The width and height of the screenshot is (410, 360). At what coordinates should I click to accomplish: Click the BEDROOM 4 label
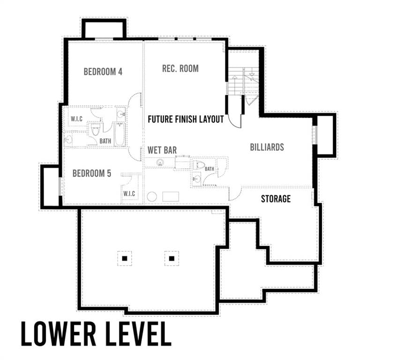103,72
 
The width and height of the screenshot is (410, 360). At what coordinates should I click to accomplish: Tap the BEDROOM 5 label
92,173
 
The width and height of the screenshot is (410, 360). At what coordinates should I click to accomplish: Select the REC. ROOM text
180,68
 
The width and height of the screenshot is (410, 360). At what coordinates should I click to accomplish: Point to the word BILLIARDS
267,147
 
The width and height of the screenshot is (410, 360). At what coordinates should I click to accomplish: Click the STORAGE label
276,199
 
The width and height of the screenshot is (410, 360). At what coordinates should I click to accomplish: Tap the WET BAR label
162,150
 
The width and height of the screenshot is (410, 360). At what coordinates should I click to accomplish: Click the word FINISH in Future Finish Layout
186,120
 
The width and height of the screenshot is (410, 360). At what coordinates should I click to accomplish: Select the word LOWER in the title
59,334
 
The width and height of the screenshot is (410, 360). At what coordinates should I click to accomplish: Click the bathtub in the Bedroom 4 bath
120,134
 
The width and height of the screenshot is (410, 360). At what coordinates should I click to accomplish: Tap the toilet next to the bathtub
95,129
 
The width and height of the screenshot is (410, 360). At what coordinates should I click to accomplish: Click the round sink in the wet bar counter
160,163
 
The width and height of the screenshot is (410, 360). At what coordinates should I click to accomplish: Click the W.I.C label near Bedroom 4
77,119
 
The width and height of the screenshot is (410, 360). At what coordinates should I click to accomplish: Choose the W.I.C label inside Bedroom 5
129,194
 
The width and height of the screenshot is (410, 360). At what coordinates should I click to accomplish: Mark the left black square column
125,258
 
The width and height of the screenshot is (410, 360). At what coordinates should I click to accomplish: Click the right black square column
171,258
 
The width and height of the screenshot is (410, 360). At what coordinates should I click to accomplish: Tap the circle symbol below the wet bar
152,197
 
